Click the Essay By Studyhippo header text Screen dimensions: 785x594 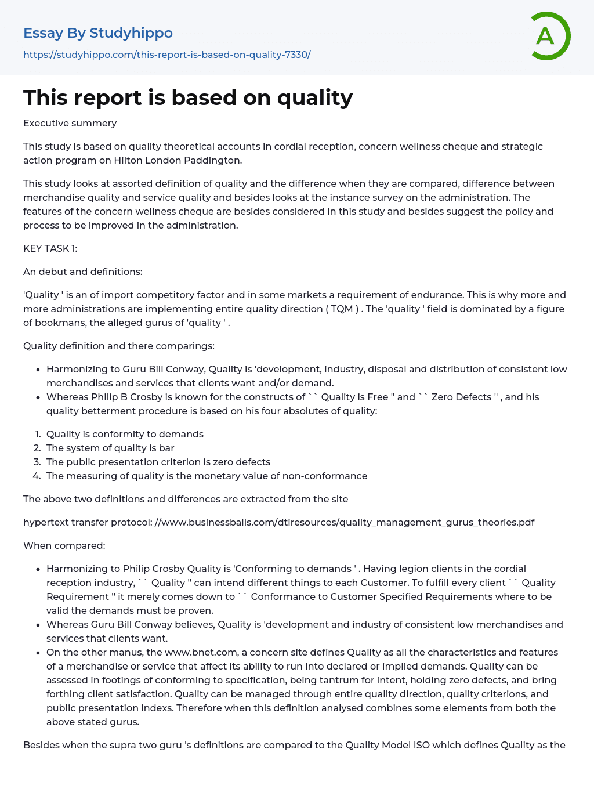[98, 33]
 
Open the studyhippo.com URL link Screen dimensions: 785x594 [167, 55]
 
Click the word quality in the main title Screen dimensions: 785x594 [314, 97]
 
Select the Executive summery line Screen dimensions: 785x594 [70, 123]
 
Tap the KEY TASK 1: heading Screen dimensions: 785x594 [50, 248]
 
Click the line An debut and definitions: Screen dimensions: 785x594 [82, 272]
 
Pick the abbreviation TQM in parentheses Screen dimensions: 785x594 [342, 309]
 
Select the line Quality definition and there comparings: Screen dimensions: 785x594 [118, 346]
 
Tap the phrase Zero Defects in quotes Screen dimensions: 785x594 [461, 397]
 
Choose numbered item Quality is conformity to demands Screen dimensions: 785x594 [125, 434]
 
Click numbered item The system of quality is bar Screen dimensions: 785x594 [110, 448]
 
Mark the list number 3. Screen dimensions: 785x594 [37, 462]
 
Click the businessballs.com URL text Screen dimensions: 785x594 [345, 522]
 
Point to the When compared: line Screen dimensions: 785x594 [64, 545]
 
